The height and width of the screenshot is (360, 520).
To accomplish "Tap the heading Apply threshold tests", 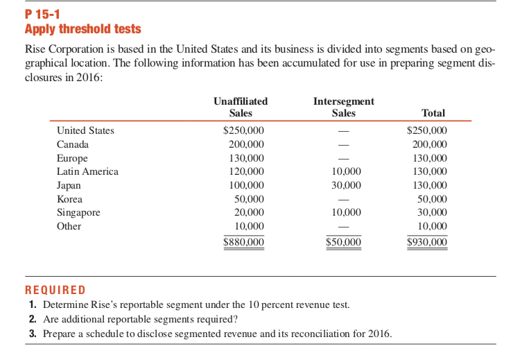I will (x=83, y=29).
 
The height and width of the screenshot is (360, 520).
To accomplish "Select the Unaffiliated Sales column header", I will (x=241, y=107).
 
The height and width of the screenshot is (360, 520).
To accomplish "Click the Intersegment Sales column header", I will (x=343, y=107).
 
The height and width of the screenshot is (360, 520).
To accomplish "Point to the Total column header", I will (x=433, y=113).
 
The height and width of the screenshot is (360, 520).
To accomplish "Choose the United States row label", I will (x=85, y=130).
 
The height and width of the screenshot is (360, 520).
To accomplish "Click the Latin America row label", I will (x=87, y=171).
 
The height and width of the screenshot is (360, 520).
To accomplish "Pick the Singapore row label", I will (x=78, y=212).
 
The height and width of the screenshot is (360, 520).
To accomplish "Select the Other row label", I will (x=69, y=226).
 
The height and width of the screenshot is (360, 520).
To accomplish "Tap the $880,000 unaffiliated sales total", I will (x=243, y=242).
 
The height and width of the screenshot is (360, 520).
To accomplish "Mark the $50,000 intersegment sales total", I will (x=343, y=242).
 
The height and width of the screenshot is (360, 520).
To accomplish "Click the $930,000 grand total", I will (x=426, y=242).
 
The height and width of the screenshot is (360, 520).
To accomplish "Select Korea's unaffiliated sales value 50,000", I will (x=249, y=199).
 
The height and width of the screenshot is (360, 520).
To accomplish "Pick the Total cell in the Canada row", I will (x=430, y=144).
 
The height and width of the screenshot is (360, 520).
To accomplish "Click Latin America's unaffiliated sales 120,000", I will (x=246, y=171).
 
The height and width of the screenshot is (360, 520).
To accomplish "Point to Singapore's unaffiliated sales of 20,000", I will (x=249, y=212).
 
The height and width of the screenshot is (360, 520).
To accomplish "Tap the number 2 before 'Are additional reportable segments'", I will (x=33, y=319).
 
